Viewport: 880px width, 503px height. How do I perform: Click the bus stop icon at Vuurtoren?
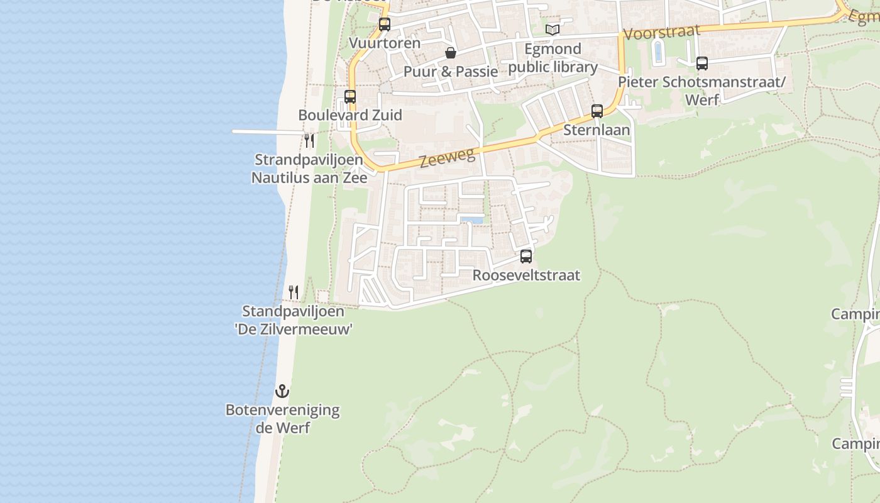tap(385, 25)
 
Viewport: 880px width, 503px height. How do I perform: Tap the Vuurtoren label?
tap(385, 43)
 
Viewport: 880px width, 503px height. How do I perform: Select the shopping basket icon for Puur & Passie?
tap(451, 53)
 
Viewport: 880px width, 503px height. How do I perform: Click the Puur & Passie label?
tap(451, 71)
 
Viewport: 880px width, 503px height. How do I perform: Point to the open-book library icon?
tap(553, 30)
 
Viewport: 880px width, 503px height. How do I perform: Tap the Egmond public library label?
tap(553, 58)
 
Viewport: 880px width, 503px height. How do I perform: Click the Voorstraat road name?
tap(662, 31)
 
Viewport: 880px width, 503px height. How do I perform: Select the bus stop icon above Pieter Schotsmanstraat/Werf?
tap(702, 64)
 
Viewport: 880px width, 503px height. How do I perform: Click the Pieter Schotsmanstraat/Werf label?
tap(702, 91)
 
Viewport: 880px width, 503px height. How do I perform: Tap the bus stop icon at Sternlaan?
tap(597, 111)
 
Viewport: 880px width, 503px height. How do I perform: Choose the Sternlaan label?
tap(597, 130)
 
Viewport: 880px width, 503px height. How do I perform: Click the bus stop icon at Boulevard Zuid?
tap(350, 97)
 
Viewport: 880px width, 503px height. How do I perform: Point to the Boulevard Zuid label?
tap(350, 115)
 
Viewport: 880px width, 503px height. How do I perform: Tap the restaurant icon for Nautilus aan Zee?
tap(309, 140)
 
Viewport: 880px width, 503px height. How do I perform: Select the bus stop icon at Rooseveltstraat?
tap(526, 257)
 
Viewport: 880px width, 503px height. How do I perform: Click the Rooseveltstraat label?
tap(526, 275)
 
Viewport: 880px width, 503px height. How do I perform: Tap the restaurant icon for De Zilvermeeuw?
tap(294, 292)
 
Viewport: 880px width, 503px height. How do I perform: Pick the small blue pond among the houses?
tap(472, 220)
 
